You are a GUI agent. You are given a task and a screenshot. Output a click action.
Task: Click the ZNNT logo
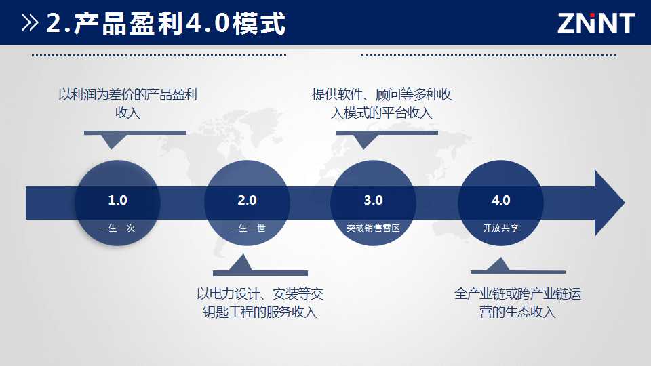click(596, 23)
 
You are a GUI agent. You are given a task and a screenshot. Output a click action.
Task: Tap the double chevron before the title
click(31, 23)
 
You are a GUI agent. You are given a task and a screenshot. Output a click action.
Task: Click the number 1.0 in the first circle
click(117, 200)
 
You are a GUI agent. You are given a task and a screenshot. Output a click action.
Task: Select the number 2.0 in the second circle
click(247, 200)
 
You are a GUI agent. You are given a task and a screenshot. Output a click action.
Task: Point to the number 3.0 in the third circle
click(373, 200)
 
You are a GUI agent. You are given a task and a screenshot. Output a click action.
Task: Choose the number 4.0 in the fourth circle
click(500, 200)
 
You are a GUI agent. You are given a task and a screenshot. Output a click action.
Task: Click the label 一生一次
click(117, 228)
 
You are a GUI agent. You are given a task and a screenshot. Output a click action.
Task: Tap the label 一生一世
click(248, 228)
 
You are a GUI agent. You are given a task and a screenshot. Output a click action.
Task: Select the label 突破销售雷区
click(373, 228)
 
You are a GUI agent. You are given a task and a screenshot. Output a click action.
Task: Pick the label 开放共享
click(500, 228)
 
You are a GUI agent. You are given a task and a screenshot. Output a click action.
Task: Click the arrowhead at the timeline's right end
click(610, 203)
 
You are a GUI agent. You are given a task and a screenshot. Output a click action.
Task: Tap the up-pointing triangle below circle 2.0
click(241, 264)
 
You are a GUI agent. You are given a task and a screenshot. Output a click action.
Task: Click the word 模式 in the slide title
click(259, 23)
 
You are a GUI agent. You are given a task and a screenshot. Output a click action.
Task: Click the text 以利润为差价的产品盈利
click(127, 95)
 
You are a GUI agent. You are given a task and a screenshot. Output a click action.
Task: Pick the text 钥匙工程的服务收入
click(260, 312)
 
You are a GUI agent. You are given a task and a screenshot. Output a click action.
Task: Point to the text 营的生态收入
click(517, 312)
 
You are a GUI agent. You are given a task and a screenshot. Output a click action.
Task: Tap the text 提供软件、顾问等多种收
click(382, 95)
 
